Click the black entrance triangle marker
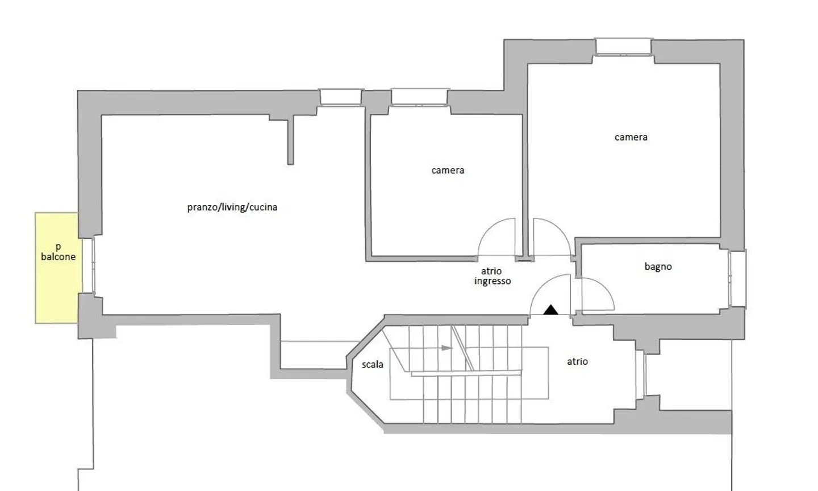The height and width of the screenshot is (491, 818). point(550,310)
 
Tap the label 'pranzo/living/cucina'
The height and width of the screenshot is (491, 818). point(232,207)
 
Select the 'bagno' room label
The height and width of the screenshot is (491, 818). point(658,266)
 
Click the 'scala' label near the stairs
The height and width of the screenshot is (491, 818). point(373,365)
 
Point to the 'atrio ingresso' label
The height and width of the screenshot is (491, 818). point(492,277)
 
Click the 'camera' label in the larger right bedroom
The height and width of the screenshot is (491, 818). point(631,137)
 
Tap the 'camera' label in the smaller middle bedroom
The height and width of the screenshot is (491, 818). point(448,170)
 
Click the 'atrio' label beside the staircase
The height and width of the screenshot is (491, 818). point(577,361)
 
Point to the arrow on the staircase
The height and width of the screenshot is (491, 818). point(446,348)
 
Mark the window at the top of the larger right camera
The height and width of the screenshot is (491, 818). point(623,46)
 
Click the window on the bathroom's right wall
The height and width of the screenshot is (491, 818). point(737,279)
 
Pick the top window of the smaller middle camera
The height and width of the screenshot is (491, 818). point(420,97)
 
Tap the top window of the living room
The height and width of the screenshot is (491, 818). point(341,97)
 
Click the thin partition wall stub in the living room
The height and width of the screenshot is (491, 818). point(291,140)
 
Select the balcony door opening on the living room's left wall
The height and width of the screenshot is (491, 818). point(90,266)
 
